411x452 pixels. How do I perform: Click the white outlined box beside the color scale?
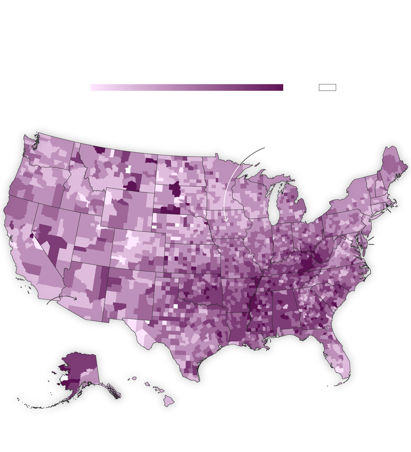click(x=327, y=88)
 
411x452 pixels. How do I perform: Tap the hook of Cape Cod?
click(x=396, y=203)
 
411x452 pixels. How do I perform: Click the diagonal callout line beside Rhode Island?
click(x=389, y=211)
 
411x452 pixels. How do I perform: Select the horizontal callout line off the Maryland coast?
click(x=371, y=244)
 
